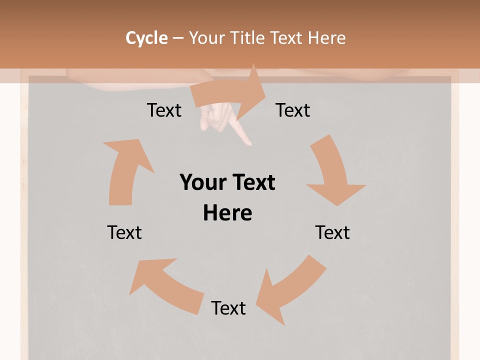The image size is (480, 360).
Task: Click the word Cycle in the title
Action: click(146, 38)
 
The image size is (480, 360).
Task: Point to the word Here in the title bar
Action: click(326, 38)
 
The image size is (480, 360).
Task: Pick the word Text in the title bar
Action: click(288, 38)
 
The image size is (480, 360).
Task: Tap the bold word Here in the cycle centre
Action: click(227, 213)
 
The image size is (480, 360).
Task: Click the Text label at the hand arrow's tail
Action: click(164, 110)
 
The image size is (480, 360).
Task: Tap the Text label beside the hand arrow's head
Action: click(293, 110)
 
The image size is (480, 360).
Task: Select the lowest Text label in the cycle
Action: click(228, 308)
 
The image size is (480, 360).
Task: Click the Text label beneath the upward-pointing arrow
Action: click(124, 232)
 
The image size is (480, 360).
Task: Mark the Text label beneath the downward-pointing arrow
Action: click(332, 232)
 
